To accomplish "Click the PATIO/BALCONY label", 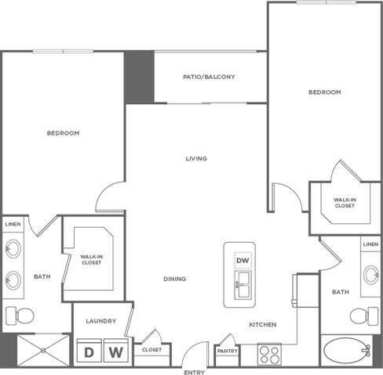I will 209,77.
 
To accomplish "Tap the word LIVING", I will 196,159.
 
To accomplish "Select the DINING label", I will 174,279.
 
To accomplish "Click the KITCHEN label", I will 261,324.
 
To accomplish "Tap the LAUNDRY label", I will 102,321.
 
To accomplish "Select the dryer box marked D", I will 89,352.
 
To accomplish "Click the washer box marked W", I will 115,352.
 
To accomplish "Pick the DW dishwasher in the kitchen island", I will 243,261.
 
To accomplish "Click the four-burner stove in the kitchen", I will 269,355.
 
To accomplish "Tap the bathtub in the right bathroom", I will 350,349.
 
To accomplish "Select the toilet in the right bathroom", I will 360,316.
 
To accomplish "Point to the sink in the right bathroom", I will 371,275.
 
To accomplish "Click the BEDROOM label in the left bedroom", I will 64,133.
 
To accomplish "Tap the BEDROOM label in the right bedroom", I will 324,92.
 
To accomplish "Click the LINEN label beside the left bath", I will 13,225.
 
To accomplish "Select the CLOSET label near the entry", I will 151,350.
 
